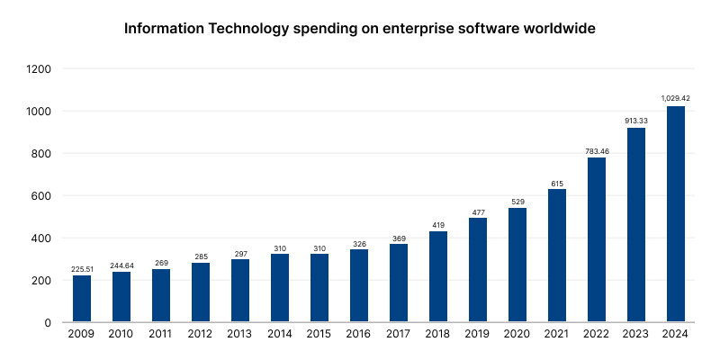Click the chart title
click(x=360, y=28)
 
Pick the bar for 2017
click(x=399, y=283)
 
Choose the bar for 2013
click(x=240, y=290)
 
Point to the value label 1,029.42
click(x=675, y=98)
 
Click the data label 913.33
click(x=635, y=120)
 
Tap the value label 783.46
click(x=596, y=149)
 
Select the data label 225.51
click(x=82, y=267)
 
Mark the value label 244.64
click(x=121, y=264)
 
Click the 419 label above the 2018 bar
click(x=438, y=223)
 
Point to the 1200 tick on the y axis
click(x=40, y=69)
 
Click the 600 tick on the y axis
click(x=42, y=196)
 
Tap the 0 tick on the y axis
click(x=49, y=322)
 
